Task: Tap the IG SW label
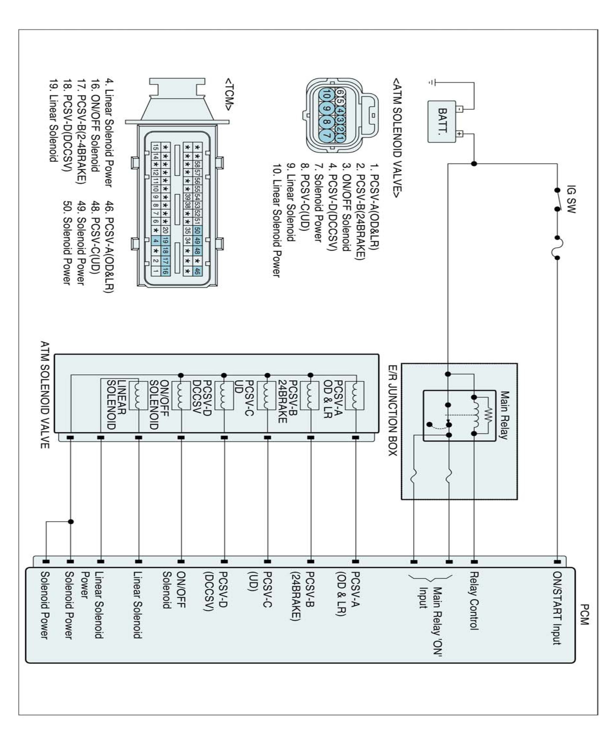[571, 199]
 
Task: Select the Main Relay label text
[504, 415]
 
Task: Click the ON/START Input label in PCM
[557, 608]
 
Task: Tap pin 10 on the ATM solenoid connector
[327, 95]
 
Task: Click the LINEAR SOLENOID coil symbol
[138, 395]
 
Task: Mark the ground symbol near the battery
[431, 82]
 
